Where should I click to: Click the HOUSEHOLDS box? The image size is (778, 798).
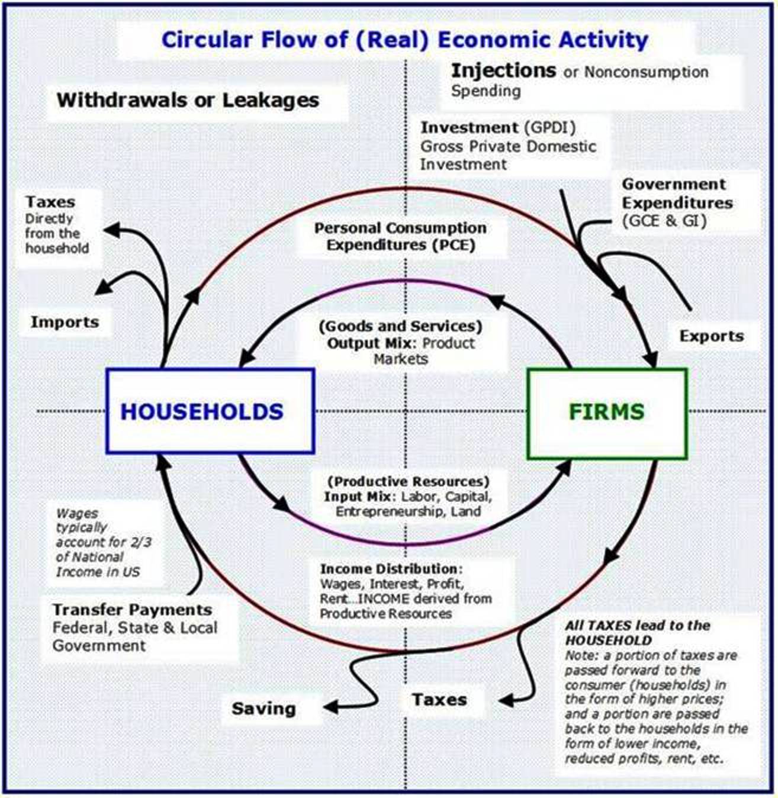click(210, 411)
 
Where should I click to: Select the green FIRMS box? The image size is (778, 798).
click(607, 413)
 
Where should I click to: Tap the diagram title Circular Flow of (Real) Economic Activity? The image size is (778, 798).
click(405, 40)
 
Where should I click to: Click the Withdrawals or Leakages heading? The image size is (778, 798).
click(188, 100)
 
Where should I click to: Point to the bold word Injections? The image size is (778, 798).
click(503, 71)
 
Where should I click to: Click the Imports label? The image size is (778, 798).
click(65, 322)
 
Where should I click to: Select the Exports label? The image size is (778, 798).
click(711, 336)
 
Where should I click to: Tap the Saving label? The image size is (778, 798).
click(263, 708)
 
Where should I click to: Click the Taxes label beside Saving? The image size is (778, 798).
click(439, 700)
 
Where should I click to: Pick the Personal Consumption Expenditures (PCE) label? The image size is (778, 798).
click(400, 236)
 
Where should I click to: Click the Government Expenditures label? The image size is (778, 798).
click(677, 194)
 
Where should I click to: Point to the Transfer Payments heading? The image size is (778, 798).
click(132, 610)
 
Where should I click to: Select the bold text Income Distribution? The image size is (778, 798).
click(391, 569)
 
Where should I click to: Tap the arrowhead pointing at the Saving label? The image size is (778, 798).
click(330, 707)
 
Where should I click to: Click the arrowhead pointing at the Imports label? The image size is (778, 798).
click(104, 287)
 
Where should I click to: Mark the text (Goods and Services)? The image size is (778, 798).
click(400, 326)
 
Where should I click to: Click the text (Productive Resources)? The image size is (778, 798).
click(409, 481)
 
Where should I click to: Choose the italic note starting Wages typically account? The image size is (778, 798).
click(98, 542)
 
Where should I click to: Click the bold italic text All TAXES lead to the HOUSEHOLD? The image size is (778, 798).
click(637, 632)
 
